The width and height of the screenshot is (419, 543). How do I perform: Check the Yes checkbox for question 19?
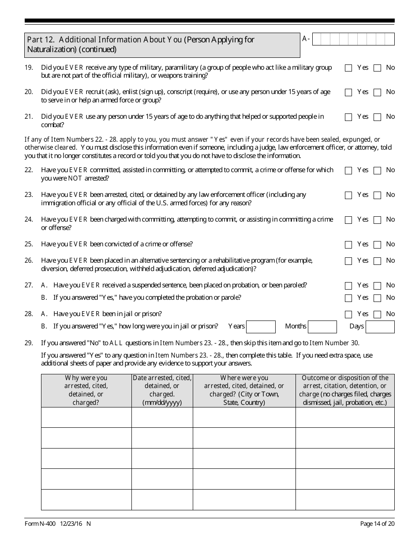pos(348,68)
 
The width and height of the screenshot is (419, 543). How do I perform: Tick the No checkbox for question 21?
pos(377,117)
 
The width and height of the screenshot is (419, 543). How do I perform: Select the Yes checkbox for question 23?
pos(348,195)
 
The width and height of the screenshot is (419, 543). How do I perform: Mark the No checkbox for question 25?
pos(377,245)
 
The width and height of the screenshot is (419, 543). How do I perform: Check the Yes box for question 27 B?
pos(348,298)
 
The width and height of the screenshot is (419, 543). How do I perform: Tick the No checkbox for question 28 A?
pos(377,315)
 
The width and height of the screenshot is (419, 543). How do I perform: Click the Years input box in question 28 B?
pos(261,327)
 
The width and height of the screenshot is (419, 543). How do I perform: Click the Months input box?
pos(322,327)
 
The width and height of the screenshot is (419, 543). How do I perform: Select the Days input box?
pos(380,327)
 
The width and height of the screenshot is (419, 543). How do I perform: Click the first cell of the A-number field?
pos(315,39)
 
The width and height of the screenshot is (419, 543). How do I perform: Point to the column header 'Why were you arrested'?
pos(86,390)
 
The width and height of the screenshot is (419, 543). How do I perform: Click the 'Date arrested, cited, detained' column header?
pos(162,390)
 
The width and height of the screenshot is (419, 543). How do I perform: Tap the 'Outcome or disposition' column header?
pos(345,390)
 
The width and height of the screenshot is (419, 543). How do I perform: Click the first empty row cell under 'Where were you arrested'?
pos(244,417)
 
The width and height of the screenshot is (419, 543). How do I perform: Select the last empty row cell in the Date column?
pos(162,499)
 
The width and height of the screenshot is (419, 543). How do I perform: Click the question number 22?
pos(29,170)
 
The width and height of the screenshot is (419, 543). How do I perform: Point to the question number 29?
pos(29,343)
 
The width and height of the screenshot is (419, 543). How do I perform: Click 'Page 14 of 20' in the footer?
pos(377,524)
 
